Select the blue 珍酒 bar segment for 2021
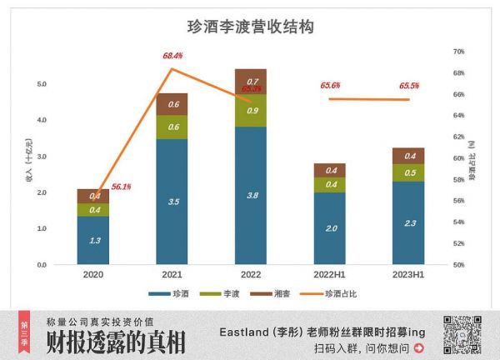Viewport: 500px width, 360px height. point(172,201)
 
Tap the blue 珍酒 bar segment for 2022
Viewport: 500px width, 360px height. point(251,195)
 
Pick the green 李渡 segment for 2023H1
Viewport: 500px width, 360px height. point(408,172)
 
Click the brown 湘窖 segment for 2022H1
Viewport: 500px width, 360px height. point(330,170)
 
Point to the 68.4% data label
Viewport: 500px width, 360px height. point(172,56)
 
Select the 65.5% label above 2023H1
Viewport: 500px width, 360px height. point(409,86)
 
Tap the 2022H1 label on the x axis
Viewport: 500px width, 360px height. point(330,274)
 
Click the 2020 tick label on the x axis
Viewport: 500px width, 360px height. point(92,274)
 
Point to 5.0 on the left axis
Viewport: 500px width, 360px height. point(42,84)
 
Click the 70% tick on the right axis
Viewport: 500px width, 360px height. point(457,52)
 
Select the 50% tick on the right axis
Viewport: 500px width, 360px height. point(457,265)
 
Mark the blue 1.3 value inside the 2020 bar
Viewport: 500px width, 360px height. point(92,240)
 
